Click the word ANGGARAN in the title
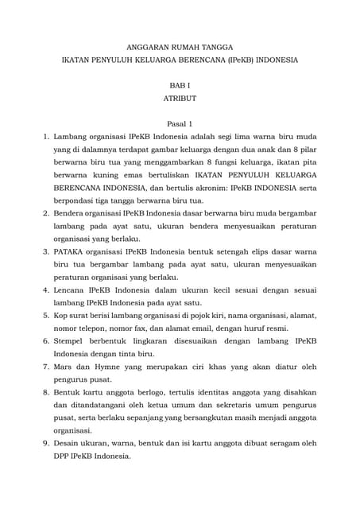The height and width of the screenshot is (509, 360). [147, 49]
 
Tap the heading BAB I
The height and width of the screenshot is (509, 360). [180, 84]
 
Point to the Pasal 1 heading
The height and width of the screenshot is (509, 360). [180, 124]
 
